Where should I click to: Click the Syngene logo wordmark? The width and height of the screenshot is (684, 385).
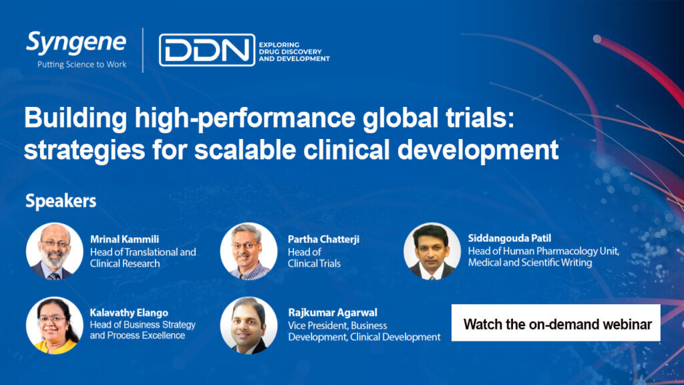tap(76, 43)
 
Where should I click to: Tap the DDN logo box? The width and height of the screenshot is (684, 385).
tap(207, 50)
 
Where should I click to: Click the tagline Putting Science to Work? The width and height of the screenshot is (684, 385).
tap(81, 65)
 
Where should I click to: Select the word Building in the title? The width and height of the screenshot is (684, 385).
tap(75, 118)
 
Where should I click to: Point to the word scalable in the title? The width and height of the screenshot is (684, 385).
tap(245, 150)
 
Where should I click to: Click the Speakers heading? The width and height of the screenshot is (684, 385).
tap(61, 201)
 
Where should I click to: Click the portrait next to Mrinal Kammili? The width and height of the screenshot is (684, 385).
tap(55, 251)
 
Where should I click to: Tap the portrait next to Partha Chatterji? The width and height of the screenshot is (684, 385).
tap(248, 251)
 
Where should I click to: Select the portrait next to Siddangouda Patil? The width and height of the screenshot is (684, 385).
tap(432, 251)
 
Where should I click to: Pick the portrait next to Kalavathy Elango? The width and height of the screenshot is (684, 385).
tap(55, 326)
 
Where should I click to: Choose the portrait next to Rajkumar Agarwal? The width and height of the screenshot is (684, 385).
tap(248, 326)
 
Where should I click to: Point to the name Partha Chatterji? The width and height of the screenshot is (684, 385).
tap(324, 239)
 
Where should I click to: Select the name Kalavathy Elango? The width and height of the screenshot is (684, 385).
tap(129, 313)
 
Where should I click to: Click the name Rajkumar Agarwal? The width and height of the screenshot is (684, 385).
tap(333, 313)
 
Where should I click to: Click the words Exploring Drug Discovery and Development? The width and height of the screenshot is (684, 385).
tap(294, 52)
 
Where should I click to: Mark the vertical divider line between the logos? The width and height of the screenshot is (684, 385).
tap(143, 50)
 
